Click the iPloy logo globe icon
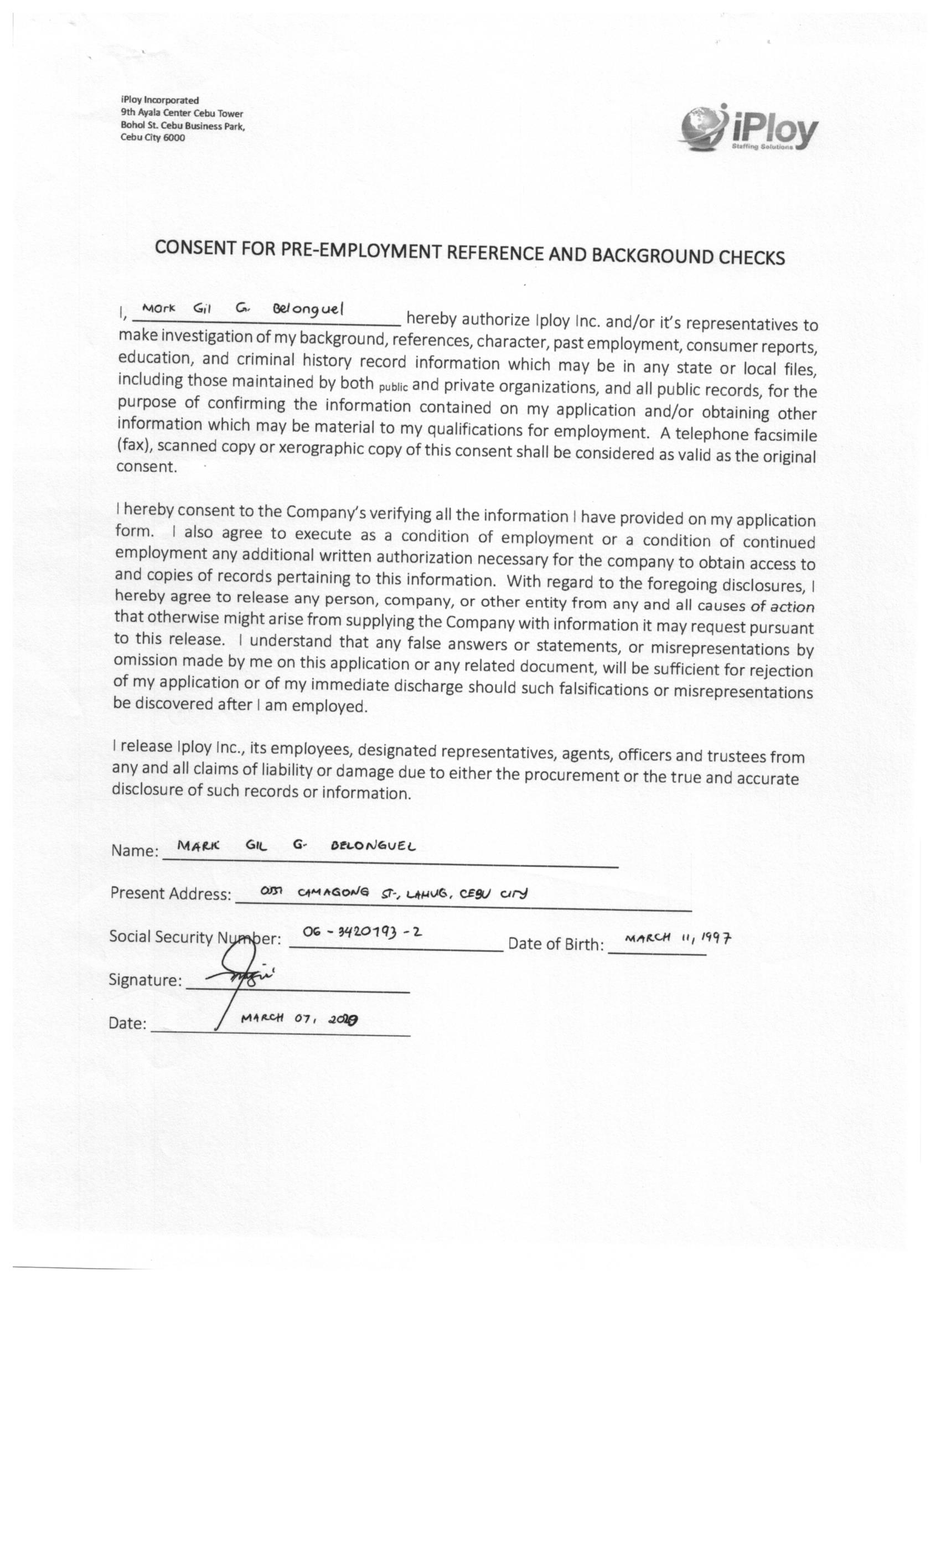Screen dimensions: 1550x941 [x=702, y=128]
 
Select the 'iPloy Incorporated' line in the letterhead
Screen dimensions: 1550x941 [x=160, y=100]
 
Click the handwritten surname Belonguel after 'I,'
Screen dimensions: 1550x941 [x=308, y=309]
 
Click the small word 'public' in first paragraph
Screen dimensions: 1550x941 [x=393, y=386]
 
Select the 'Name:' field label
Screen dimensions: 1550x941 [x=135, y=850]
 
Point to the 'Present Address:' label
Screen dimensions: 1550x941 [x=170, y=893]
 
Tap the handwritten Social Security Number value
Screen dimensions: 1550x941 [x=361, y=932]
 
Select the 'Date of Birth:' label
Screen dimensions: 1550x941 [x=555, y=944]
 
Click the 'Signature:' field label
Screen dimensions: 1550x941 [x=145, y=979]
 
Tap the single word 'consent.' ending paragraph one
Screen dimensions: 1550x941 [x=147, y=467]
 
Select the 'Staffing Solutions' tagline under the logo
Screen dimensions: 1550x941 [x=762, y=147]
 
